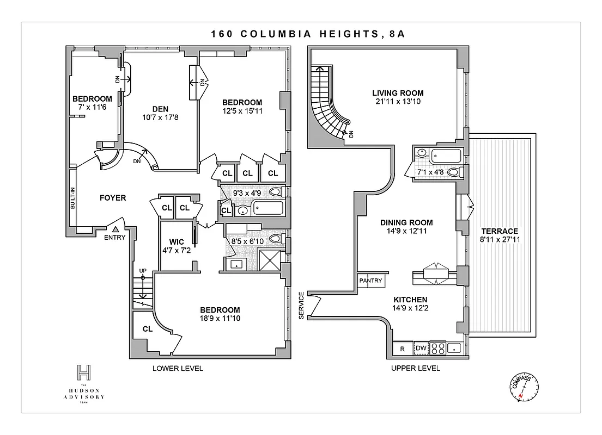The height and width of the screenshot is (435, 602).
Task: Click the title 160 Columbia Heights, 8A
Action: pyautogui.click(x=301, y=34)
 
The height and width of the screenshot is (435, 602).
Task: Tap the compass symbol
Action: pyautogui.click(x=522, y=387)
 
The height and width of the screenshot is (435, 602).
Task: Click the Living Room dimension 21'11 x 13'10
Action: pyautogui.click(x=398, y=102)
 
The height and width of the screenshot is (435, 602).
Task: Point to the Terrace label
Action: pyautogui.click(x=500, y=231)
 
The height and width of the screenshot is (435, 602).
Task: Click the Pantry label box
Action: pyautogui.click(x=371, y=281)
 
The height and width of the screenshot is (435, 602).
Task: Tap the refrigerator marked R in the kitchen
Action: pyautogui.click(x=402, y=349)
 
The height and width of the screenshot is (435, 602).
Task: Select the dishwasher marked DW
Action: pyautogui.click(x=421, y=349)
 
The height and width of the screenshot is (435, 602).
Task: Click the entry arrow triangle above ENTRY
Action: pyautogui.click(x=115, y=230)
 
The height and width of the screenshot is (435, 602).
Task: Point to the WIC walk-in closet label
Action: pyautogui.click(x=176, y=241)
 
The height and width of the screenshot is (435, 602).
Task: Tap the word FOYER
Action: pyautogui.click(x=113, y=198)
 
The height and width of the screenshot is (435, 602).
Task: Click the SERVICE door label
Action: pyautogui.click(x=301, y=307)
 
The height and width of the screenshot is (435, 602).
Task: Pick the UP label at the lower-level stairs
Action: pyautogui.click(x=143, y=270)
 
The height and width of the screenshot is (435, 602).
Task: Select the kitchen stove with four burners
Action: pyautogui.click(x=439, y=348)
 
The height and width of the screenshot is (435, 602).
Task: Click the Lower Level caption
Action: pyautogui.click(x=177, y=368)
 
